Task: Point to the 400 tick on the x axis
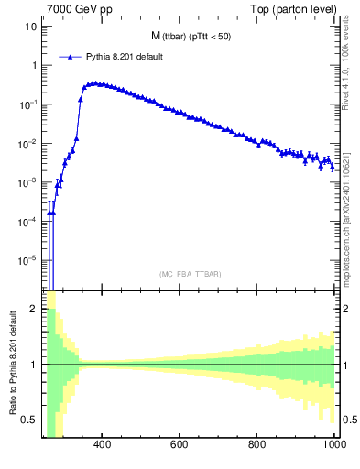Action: click(102, 444)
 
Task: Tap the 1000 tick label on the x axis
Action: click(333, 444)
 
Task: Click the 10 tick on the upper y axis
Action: click(31, 27)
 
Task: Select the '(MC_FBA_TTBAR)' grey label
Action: click(191, 274)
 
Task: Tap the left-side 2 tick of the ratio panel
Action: click(35, 310)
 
